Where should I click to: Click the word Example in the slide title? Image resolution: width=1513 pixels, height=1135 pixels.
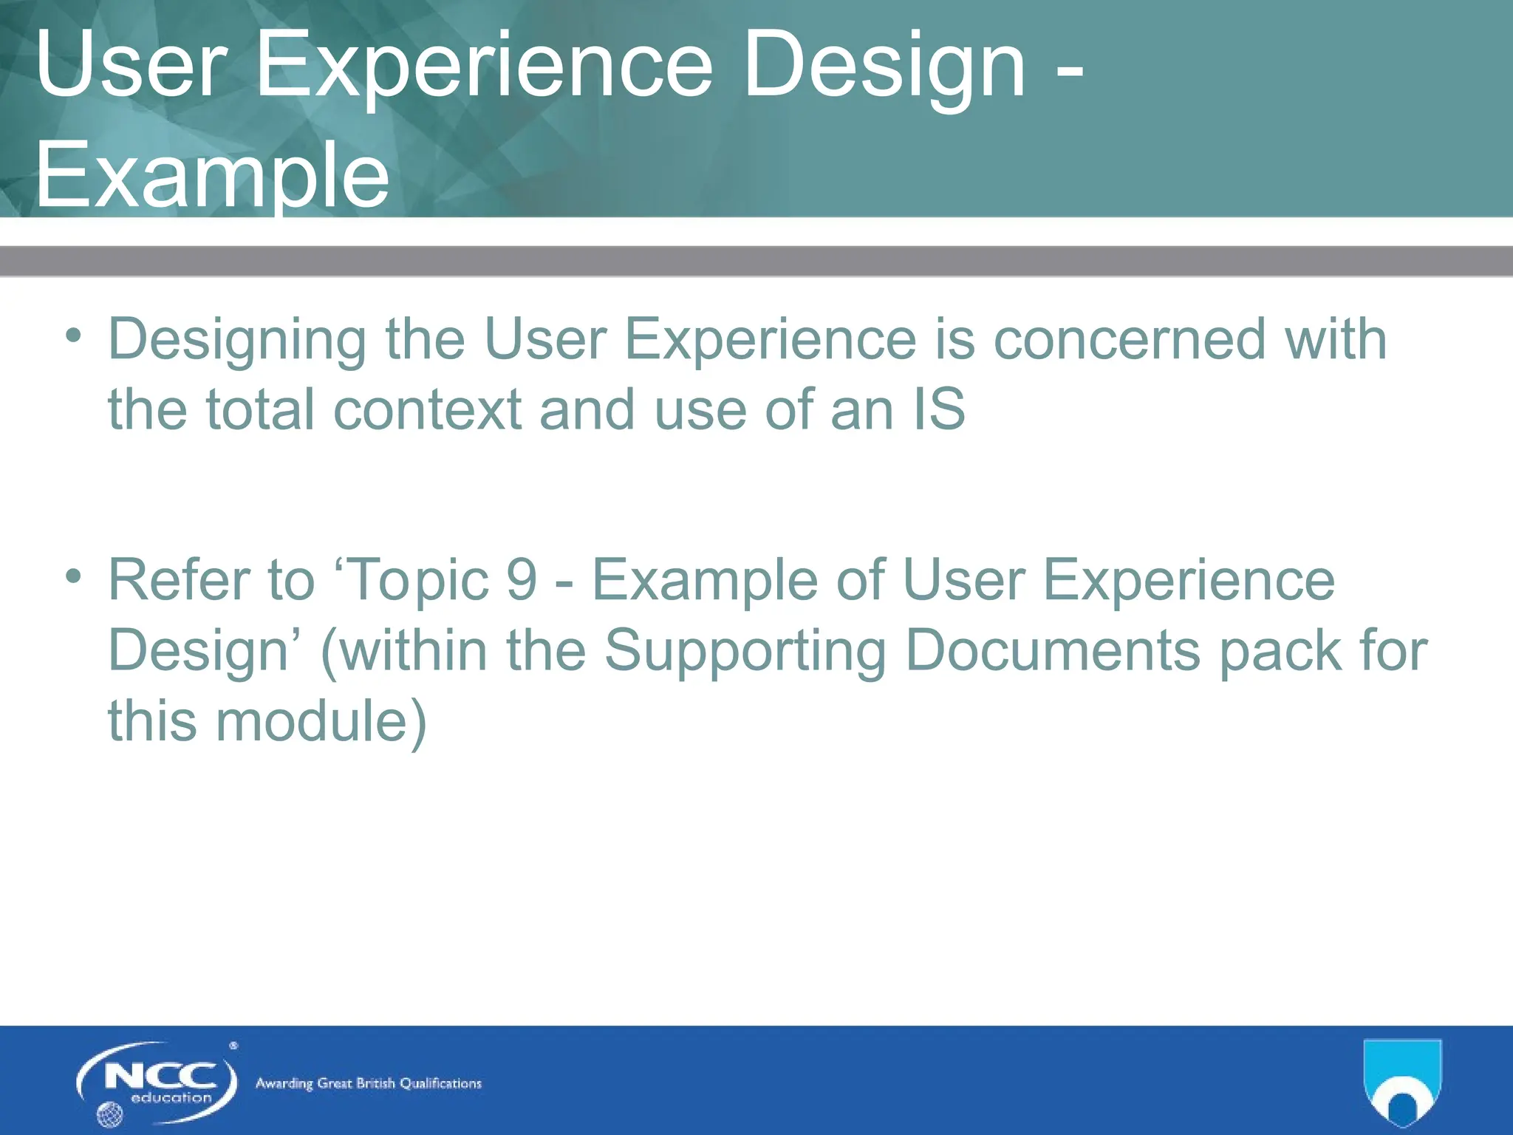click(x=212, y=176)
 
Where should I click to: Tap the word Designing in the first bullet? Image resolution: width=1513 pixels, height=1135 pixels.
click(x=236, y=340)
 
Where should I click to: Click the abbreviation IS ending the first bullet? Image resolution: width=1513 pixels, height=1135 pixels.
click(x=939, y=409)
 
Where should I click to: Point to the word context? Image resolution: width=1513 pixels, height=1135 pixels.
click(x=428, y=409)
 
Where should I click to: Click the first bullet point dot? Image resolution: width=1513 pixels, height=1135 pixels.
click(x=72, y=335)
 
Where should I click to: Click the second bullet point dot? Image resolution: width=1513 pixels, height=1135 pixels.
click(x=72, y=576)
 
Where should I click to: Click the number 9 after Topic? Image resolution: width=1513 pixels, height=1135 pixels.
click(x=522, y=580)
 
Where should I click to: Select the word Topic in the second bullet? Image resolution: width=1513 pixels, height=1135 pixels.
click(x=418, y=580)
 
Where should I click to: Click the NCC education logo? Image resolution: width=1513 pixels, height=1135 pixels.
click(x=158, y=1082)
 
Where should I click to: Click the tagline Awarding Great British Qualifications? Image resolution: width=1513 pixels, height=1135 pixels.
click(x=368, y=1083)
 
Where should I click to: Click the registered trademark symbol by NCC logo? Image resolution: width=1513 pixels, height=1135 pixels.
click(x=233, y=1046)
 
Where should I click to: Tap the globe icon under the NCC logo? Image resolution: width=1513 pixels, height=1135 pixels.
click(x=109, y=1114)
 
